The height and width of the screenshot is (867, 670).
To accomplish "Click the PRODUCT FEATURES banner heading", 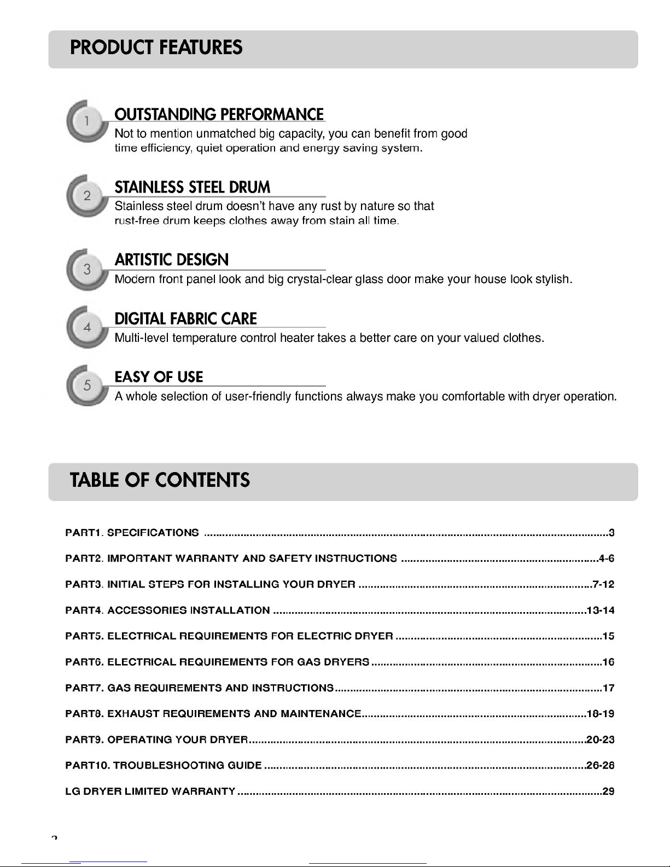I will [156, 48].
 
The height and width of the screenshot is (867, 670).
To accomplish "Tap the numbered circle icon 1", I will [87, 121].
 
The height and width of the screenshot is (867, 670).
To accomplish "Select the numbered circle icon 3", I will [87, 270].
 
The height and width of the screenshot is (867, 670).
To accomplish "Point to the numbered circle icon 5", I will [87, 386].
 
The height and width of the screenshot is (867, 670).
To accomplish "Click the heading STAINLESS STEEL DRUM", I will [193, 188].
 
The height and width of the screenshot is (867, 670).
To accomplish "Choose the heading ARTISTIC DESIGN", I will [172, 260].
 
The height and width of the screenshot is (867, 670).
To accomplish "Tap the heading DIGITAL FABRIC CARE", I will [185, 319].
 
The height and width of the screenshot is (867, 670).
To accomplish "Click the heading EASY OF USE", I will [159, 377].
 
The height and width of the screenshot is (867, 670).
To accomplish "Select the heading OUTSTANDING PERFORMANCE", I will [219, 115].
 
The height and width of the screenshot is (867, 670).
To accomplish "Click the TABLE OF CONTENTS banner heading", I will [160, 480].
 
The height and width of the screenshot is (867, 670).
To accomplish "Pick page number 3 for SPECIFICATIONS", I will [611, 533].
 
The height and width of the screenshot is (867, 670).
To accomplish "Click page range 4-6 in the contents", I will [607, 558].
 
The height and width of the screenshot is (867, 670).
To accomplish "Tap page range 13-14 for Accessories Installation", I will [600, 610].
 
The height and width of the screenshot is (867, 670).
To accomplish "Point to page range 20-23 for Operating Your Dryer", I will [600, 740].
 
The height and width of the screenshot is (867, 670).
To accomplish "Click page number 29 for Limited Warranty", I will [608, 792].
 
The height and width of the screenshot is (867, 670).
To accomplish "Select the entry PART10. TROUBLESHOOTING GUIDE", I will [163, 766].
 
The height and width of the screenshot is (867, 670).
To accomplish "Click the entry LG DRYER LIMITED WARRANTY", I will [150, 792].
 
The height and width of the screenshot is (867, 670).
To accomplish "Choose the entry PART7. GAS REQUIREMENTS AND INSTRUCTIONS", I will [199, 688].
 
